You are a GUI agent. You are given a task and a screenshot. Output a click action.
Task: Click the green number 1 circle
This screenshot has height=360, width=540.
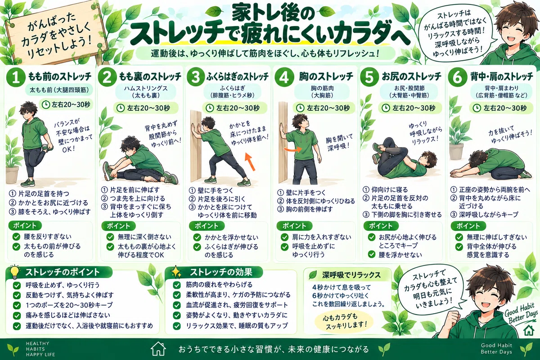tap(16, 77)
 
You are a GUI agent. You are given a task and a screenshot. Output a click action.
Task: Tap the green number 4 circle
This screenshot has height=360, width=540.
tap(284, 77)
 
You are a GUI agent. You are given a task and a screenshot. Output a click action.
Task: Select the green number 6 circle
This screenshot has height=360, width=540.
tap(457, 77)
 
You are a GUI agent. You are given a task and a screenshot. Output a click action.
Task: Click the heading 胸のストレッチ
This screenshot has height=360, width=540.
tap(326, 76)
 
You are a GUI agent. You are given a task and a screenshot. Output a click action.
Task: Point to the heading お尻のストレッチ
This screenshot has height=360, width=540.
tap(412, 76)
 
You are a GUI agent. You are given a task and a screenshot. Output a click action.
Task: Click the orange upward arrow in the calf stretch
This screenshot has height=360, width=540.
tap(250, 162)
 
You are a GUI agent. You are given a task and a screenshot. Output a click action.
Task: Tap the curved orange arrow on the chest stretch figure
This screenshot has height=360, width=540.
tap(292, 149)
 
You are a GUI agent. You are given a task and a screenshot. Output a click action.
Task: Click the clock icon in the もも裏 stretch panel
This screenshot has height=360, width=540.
tap(121, 108)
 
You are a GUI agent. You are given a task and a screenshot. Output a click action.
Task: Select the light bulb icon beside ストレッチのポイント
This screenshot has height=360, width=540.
tap(14, 272)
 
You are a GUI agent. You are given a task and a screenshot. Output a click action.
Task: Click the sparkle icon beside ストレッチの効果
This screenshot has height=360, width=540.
tap(176, 272)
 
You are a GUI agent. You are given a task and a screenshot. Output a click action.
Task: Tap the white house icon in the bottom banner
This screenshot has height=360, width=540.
tap(158, 349)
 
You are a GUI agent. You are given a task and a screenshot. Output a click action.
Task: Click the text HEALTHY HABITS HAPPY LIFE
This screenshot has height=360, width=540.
tap(40, 349)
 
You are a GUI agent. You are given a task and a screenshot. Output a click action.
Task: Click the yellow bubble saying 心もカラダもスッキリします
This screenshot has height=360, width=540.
tap(344, 322)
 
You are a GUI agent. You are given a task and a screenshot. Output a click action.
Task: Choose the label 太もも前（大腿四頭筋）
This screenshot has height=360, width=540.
tap(59, 90)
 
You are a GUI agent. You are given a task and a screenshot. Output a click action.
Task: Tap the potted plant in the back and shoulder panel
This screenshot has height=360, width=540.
tap(457, 135)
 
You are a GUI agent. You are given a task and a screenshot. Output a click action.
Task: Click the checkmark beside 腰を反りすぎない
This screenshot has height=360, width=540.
tap(16, 237)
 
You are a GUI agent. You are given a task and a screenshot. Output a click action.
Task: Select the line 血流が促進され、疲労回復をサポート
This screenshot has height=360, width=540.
tap(237, 305)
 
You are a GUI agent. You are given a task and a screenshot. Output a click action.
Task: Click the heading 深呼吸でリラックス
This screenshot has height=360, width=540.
tap(351, 275)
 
